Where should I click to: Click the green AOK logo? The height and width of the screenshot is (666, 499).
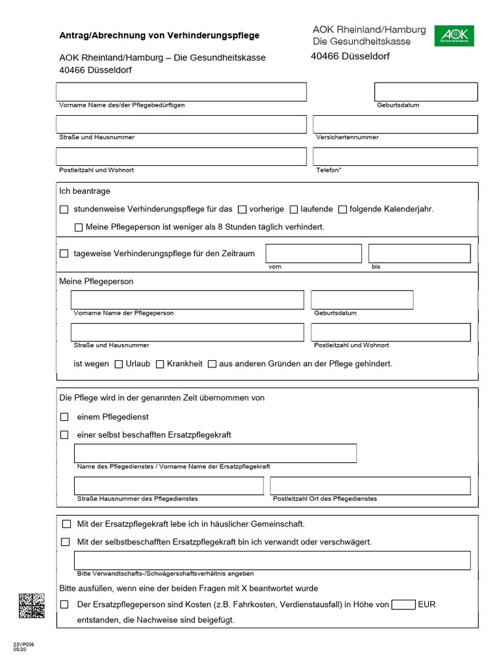coord(454,35)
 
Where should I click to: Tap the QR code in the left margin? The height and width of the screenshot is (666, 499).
coord(32,606)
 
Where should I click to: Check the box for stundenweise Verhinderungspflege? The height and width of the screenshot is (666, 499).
coord(64,209)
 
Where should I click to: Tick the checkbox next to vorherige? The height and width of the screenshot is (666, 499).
coord(242,209)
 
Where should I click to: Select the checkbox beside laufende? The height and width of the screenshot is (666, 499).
coord(294,209)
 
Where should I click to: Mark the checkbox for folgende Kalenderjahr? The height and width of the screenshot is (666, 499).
coord(342,209)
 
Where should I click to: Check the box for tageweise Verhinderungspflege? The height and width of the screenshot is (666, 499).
coord(64,254)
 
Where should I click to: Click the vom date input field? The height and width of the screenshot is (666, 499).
coord(313,253)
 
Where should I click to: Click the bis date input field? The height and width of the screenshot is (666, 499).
coord(419,253)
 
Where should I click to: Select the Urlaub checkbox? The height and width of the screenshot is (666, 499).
coord(118,364)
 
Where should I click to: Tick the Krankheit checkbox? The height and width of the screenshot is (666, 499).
coord(160,364)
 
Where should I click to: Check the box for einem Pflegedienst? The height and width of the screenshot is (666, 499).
coord(64,417)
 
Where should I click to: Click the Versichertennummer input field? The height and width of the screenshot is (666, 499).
coord(395,124)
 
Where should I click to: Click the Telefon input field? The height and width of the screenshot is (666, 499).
coord(395,157)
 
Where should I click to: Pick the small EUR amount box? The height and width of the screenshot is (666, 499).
coord(403,605)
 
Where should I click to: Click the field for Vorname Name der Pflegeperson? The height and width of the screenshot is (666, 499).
coord(187,300)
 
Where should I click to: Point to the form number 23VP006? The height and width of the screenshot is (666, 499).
coord(23,644)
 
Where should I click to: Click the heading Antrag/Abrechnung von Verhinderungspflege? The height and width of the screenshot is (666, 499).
coord(159,35)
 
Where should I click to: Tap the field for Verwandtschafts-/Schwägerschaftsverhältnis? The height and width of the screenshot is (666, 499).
coord(272,560)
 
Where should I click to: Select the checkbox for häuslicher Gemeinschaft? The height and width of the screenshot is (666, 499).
coord(66,524)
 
